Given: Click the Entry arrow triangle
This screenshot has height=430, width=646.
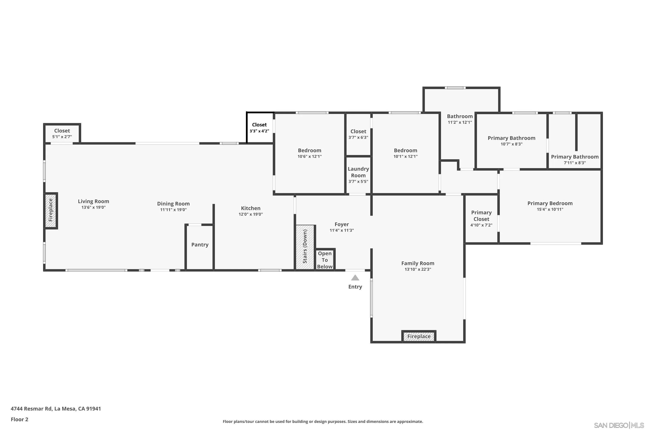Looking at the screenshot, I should click(x=355, y=278).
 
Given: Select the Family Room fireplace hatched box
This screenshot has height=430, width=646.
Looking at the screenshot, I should click(x=419, y=336).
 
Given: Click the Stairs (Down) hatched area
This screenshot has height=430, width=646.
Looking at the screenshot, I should click(x=305, y=247).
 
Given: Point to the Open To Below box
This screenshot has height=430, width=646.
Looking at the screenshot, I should click(x=325, y=260).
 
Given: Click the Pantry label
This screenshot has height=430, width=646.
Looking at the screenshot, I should click(x=200, y=245).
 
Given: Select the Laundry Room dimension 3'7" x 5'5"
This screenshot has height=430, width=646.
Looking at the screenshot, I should click(x=358, y=181).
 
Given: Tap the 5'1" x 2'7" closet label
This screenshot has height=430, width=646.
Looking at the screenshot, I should click(x=62, y=137).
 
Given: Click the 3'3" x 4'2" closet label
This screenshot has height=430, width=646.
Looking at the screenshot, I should click(x=259, y=131).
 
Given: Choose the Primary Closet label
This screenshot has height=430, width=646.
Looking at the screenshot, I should click(x=481, y=216).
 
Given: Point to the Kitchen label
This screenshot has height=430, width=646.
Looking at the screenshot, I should click(x=250, y=208).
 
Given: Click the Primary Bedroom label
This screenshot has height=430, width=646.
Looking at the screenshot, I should click(x=550, y=203).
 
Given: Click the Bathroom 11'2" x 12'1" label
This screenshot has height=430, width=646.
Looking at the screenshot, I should click(x=460, y=116).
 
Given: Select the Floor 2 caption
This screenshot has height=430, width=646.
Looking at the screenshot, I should click(x=19, y=419).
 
